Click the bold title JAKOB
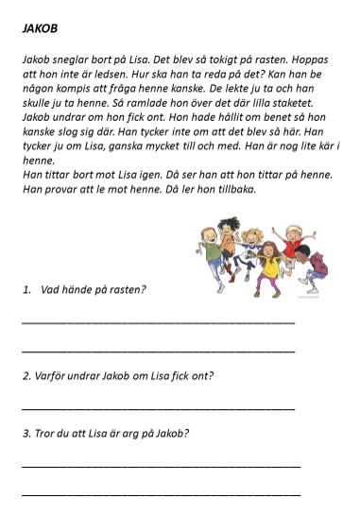click(x=39, y=28)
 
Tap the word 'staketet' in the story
click(x=301, y=101)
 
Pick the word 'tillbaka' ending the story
click(x=232, y=188)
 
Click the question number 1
click(x=26, y=289)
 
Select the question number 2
click(x=25, y=375)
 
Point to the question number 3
click(x=25, y=434)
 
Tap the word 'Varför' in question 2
click(x=48, y=375)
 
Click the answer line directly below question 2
click(x=157, y=408)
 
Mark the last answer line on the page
click(x=161, y=494)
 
